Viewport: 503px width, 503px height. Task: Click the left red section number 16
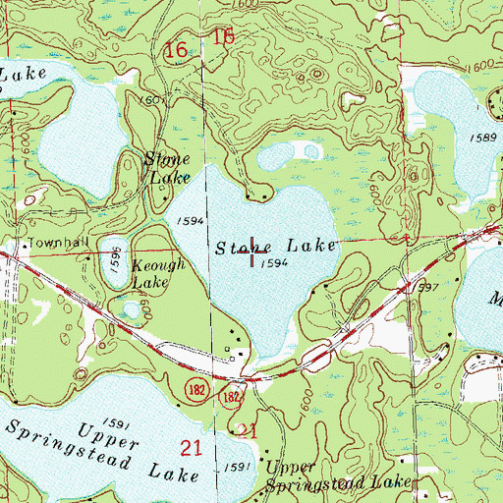pyautogui.click(x=177, y=49)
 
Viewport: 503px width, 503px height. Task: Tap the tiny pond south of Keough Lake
pyautogui.click(x=131, y=311)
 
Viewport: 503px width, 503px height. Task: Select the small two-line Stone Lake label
pyautogui.click(x=162, y=168)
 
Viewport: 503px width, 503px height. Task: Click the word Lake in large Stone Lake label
pyautogui.click(x=311, y=245)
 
